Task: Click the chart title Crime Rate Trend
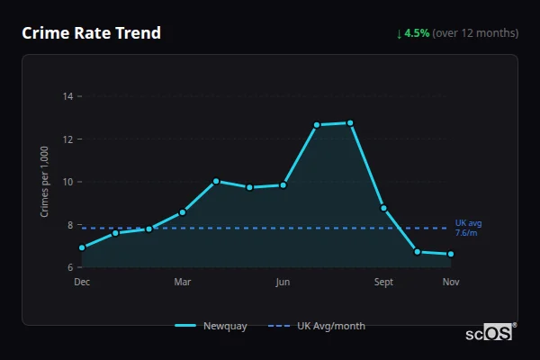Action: click(91, 33)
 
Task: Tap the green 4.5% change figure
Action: click(418, 33)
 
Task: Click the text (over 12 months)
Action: click(475, 33)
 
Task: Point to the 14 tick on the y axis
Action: click(68, 96)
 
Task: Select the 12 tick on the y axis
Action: click(68, 139)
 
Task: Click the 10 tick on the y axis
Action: click(68, 182)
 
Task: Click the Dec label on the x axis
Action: click(82, 283)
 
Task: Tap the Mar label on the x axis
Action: click(183, 283)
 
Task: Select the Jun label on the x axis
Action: click(283, 283)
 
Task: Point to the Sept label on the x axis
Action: click(384, 283)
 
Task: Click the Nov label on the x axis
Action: click(451, 283)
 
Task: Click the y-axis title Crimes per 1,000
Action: click(45, 182)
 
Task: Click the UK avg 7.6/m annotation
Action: click(468, 228)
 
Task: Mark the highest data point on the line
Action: click(350, 122)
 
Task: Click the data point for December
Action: click(82, 247)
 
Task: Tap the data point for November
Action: click(451, 254)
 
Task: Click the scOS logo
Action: click(489, 333)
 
